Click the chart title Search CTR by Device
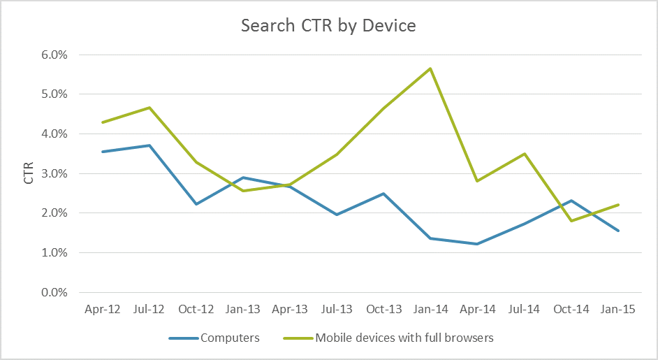point(328,26)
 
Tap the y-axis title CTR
point(29,173)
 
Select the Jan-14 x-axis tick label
point(430,310)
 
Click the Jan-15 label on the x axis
point(618,310)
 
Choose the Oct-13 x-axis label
point(383,310)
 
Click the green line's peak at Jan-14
point(430,69)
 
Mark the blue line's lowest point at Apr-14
point(477,244)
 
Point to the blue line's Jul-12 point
point(148,145)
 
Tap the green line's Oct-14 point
point(571,221)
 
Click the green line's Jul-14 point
point(525,154)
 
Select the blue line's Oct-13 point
point(383,194)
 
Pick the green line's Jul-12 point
point(148,108)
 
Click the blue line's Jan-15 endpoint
point(618,231)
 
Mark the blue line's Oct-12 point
point(196,204)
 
